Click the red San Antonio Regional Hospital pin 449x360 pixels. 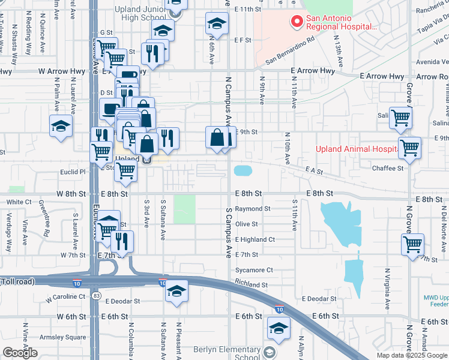(x=297, y=22)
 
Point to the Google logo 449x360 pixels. (x=20, y=353)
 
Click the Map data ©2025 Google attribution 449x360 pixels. (x=412, y=355)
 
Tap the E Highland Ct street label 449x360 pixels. (x=255, y=239)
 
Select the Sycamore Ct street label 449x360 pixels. (x=254, y=270)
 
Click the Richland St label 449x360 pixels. (x=252, y=284)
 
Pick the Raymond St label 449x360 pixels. (x=253, y=209)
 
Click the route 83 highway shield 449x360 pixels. (x=96, y=296)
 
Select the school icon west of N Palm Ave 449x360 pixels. (x=61, y=127)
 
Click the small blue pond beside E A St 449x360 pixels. (x=243, y=170)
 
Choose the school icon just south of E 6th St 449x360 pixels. (x=279, y=328)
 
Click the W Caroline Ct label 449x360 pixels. (x=67, y=297)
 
